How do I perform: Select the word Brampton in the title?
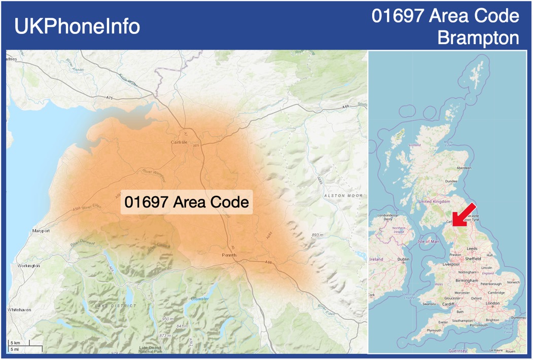(x=478, y=38)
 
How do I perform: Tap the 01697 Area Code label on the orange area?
(x=187, y=202)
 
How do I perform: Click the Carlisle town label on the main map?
(x=179, y=142)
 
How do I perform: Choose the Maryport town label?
(x=41, y=231)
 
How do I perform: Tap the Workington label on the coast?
(x=28, y=266)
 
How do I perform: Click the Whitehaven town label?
(x=20, y=309)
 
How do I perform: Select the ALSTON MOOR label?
(x=343, y=195)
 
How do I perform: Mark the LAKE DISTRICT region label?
(x=115, y=306)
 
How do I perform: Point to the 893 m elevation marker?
(x=317, y=235)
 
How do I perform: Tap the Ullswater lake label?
(x=199, y=299)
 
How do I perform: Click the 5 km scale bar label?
(x=15, y=343)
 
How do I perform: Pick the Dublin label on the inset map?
(x=403, y=259)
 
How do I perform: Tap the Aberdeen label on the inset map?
(x=464, y=168)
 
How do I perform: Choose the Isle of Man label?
(x=428, y=241)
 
